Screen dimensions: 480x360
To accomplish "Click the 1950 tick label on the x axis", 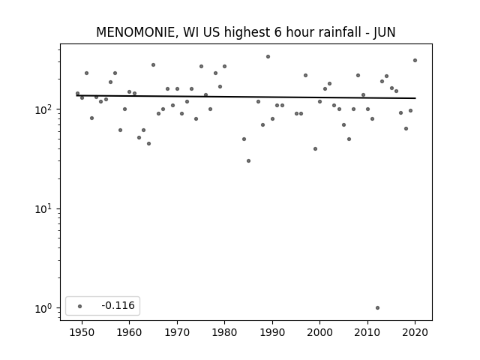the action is (x=82, y=332).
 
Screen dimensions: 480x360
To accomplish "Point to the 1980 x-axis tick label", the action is (x=224, y=332).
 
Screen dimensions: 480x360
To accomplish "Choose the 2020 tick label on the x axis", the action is (x=415, y=332).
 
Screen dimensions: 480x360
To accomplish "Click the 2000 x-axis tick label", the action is (x=319, y=332).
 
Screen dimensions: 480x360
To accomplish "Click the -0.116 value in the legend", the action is (x=118, y=305).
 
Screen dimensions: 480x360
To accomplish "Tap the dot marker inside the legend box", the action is (x=80, y=306).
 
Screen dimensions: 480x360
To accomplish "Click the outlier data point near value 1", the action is (x=377, y=308).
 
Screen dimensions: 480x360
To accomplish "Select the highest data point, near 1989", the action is (x=268, y=57).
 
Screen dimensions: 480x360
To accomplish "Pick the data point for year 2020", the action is (x=415, y=60).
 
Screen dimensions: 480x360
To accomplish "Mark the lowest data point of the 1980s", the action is (x=248, y=160).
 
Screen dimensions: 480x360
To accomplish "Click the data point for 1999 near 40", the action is (x=315, y=148).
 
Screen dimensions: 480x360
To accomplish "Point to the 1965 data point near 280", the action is (x=153, y=65).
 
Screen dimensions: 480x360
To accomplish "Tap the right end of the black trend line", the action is (x=415, y=98).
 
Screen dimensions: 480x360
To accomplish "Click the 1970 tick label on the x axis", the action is (x=177, y=332).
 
